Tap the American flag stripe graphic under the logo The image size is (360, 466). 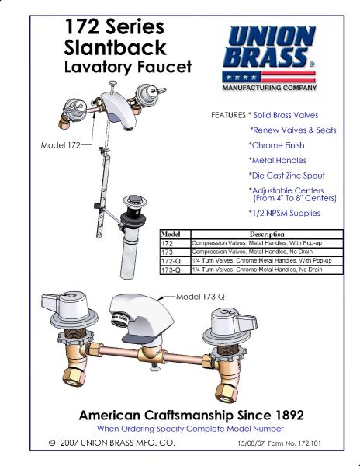click(x=269, y=77)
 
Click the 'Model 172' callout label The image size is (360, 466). click(x=61, y=145)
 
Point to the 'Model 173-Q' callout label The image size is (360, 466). click(x=200, y=297)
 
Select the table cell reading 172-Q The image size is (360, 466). click(x=171, y=261)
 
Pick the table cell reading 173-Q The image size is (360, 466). click(x=171, y=270)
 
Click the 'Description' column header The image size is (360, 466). click(x=267, y=235)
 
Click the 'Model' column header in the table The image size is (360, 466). click(x=171, y=235)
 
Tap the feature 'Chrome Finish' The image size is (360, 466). click(x=277, y=145)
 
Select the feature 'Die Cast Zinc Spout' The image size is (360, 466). click(x=287, y=176)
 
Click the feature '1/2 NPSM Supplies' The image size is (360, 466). click(x=284, y=214)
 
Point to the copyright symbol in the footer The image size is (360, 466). click(x=52, y=443)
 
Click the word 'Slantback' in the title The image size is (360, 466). click(x=115, y=47)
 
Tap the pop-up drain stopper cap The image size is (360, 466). click(x=135, y=200)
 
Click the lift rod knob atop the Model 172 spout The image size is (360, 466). click(x=113, y=83)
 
